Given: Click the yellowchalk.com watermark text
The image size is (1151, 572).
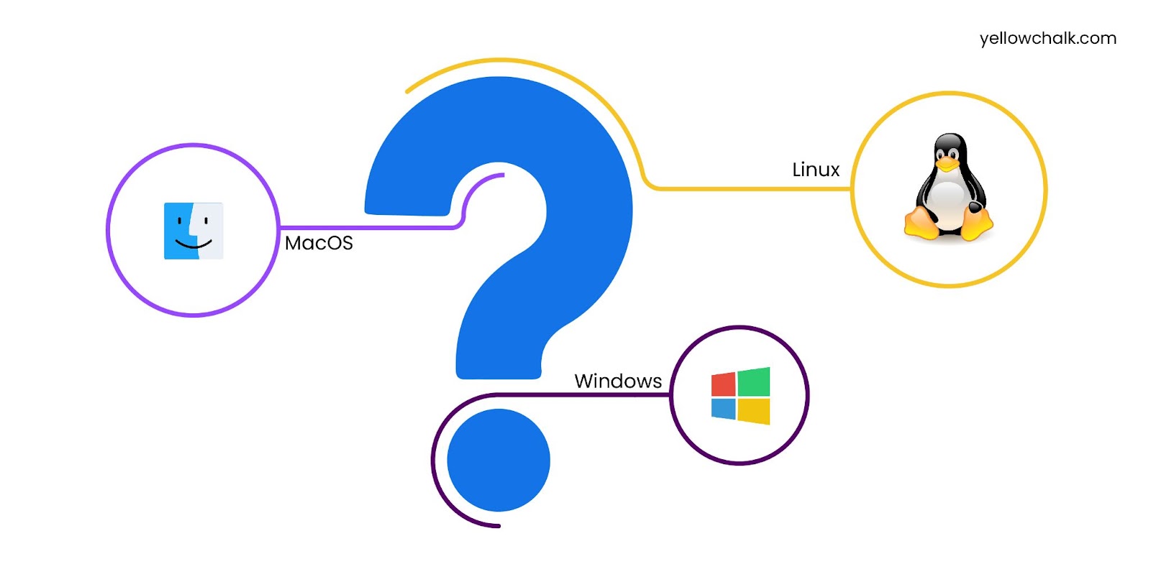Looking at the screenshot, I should [1047, 39].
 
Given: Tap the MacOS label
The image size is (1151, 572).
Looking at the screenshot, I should [319, 244].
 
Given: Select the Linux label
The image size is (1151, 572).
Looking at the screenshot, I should [816, 170].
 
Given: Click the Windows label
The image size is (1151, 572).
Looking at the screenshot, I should [618, 381].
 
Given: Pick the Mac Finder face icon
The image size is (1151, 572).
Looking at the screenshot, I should [194, 231].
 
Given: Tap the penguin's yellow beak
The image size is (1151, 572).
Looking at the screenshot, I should [947, 165].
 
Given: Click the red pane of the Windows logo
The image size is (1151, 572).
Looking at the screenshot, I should [723, 384].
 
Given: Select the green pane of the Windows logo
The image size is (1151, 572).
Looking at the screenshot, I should [754, 382].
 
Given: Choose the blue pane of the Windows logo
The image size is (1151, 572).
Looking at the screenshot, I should [723, 409].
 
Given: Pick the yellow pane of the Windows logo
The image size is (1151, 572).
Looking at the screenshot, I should [754, 411].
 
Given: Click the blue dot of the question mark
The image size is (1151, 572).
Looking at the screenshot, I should [499, 460].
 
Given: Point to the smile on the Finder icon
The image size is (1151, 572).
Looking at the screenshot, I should [194, 245].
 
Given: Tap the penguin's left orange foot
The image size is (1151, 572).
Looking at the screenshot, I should [922, 223].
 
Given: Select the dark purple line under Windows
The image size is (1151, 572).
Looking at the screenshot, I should [583, 395].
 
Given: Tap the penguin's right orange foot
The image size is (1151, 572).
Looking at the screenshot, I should [977, 224].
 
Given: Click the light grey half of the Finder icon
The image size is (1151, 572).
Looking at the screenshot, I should [210, 231].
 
